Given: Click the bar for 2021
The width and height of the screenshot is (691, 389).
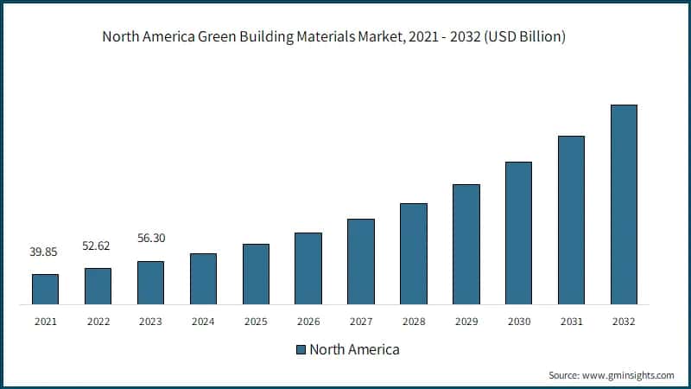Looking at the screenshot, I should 45,289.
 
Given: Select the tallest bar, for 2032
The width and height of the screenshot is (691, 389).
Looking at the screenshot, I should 624,205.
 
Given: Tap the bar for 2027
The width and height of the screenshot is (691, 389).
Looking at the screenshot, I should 361,261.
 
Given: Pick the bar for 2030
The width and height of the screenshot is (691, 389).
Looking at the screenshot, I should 518,233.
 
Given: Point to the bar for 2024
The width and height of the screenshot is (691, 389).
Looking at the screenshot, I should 203,278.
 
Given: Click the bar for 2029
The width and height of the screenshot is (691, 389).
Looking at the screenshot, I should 466,244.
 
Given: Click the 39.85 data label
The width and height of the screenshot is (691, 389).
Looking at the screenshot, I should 45,252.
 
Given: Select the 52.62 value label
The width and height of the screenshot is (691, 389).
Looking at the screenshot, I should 98,246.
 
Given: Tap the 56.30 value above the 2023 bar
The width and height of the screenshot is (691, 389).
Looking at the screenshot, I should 150,238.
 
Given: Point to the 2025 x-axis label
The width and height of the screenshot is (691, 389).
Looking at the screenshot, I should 256,322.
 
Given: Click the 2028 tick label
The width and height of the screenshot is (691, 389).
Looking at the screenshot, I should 413,322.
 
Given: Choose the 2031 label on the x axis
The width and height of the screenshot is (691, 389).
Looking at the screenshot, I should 571,322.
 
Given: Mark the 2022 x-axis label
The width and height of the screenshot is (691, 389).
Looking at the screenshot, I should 98,322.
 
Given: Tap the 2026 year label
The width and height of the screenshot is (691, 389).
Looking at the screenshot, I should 308,322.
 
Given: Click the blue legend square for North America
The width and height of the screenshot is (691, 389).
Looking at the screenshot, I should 301,350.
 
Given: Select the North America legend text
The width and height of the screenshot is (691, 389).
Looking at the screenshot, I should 354,350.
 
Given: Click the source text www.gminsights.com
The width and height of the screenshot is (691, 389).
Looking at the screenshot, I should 627,375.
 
